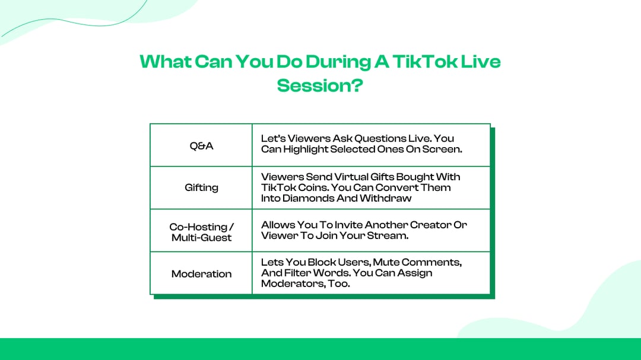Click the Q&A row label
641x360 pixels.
tap(201, 145)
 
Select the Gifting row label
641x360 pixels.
tap(201, 187)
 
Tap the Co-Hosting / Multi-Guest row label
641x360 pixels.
tap(201, 232)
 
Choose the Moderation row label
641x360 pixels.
tap(201, 273)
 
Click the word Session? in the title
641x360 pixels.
tap(320, 85)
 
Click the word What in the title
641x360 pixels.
tap(166, 61)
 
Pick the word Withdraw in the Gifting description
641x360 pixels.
tap(386, 198)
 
